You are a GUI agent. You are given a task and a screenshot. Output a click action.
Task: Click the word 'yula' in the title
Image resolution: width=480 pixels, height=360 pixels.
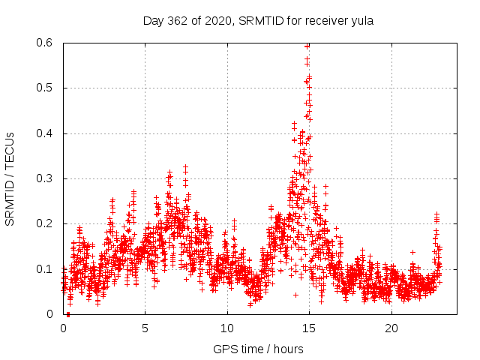coord(362,21)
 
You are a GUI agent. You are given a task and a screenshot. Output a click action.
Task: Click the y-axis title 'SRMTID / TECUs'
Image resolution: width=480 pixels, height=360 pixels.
coord(10,178)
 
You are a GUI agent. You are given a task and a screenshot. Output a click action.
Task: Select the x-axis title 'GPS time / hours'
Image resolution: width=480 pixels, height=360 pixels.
coord(259,349)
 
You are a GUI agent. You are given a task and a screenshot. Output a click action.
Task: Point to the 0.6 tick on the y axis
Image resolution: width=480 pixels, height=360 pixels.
coord(47,43)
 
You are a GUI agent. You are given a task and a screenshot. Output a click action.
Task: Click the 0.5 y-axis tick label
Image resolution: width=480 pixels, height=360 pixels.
coord(47,88)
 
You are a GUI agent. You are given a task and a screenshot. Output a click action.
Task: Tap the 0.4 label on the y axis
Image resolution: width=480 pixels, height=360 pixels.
coord(47,133)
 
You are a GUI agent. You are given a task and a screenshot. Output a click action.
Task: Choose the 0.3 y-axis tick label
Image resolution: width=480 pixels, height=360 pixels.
coord(47,178)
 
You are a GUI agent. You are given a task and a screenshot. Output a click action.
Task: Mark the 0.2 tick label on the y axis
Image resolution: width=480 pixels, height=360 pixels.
coord(47,223)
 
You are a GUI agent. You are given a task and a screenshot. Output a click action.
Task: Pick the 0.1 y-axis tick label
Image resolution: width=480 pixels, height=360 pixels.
coord(47,268)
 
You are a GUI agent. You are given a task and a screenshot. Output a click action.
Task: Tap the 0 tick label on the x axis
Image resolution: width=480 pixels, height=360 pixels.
coord(63,328)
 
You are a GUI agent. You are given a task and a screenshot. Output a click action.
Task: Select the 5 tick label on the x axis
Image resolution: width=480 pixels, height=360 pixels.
coord(145,328)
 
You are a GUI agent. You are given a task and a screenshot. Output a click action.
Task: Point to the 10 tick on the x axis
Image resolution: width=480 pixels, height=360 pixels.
coord(226,328)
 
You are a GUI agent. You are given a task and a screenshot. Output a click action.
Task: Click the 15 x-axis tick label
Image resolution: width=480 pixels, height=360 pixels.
coord(308,328)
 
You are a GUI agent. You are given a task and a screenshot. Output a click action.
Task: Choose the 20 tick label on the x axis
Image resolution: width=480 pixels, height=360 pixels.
coord(390,328)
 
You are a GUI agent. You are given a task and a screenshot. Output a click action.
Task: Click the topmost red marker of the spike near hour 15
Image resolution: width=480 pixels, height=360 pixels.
coord(307,46)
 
